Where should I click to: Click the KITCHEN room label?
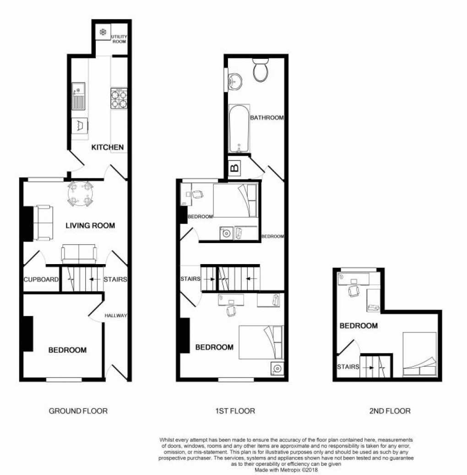click(108, 147)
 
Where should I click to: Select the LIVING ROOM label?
click(90, 226)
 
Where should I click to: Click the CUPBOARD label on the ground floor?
click(41, 279)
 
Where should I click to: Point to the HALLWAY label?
click(115, 315)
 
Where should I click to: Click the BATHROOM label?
click(266, 118)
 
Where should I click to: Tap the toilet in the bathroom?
click(261, 72)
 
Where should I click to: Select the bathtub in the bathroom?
click(239, 129)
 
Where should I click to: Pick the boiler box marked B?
click(235, 169)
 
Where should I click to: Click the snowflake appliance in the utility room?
click(103, 33)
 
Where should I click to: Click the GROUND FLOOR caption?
click(78, 411)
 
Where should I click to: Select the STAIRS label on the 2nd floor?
click(348, 367)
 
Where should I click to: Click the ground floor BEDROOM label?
click(67, 350)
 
